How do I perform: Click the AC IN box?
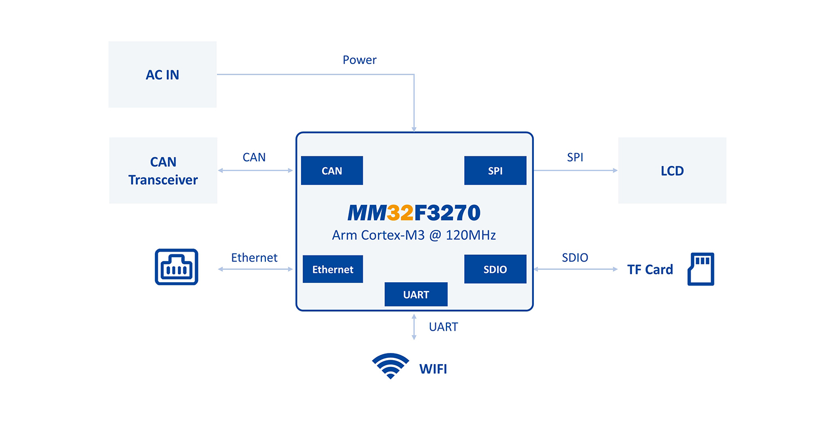click(x=162, y=75)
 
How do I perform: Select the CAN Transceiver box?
click(x=163, y=170)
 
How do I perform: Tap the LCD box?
click(x=672, y=170)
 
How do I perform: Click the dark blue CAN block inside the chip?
click(x=332, y=170)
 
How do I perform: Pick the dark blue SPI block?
click(x=495, y=170)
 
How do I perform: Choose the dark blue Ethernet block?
click(x=333, y=269)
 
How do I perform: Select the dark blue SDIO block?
click(x=495, y=269)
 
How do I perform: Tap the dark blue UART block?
click(x=416, y=294)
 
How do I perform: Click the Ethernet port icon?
click(x=176, y=267)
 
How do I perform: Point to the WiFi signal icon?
click(x=391, y=366)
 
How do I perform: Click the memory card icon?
click(x=701, y=269)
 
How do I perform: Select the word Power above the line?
click(x=359, y=60)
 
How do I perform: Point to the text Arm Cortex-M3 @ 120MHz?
click(x=414, y=235)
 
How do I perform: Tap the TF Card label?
click(x=650, y=269)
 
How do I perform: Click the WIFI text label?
click(x=433, y=369)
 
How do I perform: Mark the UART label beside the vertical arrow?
click(x=444, y=327)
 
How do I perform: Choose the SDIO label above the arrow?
click(x=575, y=257)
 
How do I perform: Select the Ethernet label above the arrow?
click(x=254, y=257)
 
